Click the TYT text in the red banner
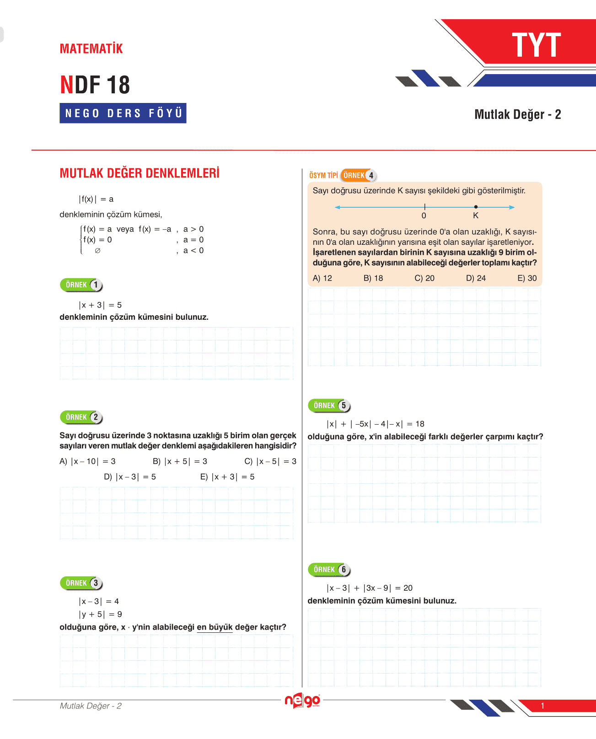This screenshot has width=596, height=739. [x=536, y=45]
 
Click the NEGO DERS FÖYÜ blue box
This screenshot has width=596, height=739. [x=123, y=113]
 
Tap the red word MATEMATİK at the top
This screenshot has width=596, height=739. [x=91, y=49]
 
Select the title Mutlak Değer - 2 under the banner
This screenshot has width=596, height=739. [x=517, y=114]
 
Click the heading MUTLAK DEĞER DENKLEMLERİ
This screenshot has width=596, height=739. [x=140, y=173]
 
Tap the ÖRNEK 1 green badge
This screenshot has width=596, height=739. [x=81, y=285]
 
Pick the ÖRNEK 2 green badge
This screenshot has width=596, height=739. [x=81, y=417]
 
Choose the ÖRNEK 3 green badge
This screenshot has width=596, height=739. [x=81, y=583]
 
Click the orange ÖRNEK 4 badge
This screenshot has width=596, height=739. [x=359, y=175]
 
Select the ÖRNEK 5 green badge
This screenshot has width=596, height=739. [x=329, y=405]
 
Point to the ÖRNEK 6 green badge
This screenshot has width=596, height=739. [x=329, y=570]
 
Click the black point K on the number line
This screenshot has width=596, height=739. [x=476, y=207]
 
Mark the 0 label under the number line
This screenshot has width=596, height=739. [x=424, y=216]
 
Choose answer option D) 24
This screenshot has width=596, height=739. [x=476, y=278]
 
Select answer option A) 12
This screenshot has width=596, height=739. [x=322, y=278]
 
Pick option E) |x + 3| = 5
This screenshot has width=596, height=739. [x=227, y=477]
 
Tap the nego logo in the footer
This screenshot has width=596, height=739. [x=302, y=701]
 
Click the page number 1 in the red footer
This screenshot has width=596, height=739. [x=542, y=706]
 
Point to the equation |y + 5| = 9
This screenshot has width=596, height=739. [x=100, y=614]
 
